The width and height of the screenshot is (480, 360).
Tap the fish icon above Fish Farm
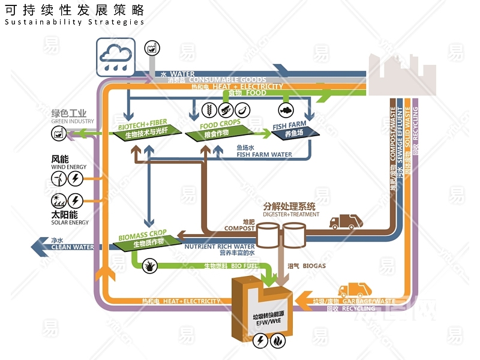coord(286,110)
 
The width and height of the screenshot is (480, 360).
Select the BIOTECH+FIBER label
coord(143,124)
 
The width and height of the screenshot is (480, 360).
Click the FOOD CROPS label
coord(220,124)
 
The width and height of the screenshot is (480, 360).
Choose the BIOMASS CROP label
coord(142,234)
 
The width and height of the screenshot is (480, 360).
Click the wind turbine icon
coord(59,178)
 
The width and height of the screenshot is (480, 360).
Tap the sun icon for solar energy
coord(59,200)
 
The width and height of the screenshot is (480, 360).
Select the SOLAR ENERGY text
coord(70,223)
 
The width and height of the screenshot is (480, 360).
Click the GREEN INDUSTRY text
coord(73,121)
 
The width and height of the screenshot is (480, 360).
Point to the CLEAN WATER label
coord(72,247)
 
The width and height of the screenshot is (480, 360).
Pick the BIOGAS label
coord(314,266)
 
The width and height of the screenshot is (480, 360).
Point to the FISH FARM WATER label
coord(264,154)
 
